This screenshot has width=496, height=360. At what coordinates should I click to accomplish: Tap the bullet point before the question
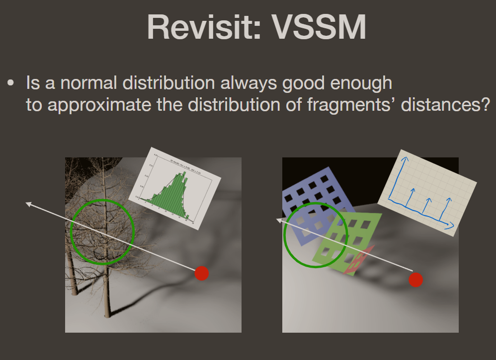pyautogui.click(x=10, y=83)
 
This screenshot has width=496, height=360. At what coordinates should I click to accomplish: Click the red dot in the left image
pyautogui.click(x=201, y=273)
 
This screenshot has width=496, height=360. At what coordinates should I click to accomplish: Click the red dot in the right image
pyautogui.click(x=415, y=280)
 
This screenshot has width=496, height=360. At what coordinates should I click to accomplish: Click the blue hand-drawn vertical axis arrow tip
pyautogui.click(x=405, y=158)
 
